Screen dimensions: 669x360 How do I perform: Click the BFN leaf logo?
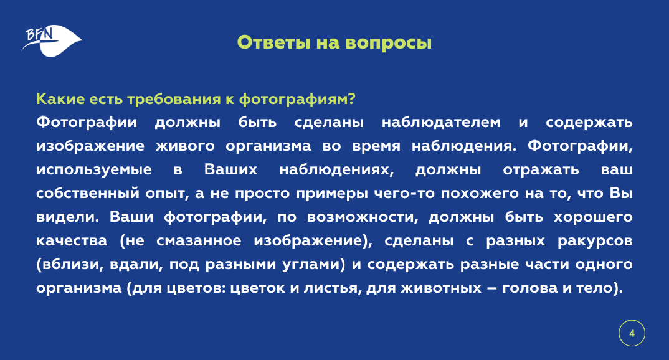[x=52, y=41]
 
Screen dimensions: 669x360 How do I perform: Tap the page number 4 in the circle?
[x=632, y=333]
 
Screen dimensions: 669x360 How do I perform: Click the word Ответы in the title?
[x=273, y=42]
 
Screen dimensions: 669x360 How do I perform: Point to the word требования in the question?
[x=174, y=99]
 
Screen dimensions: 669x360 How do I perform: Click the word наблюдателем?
[x=441, y=123]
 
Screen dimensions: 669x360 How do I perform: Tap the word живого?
[x=185, y=146]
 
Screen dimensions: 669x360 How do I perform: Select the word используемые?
[x=94, y=170]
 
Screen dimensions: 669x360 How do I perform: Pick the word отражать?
[x=541, y=170]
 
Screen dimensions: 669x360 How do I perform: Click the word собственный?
[x=88, y=193]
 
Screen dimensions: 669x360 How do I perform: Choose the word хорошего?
[x=593, y=217]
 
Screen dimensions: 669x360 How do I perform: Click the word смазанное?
[x=199, y=241]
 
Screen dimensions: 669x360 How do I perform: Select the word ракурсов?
[x=595, y=241]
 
